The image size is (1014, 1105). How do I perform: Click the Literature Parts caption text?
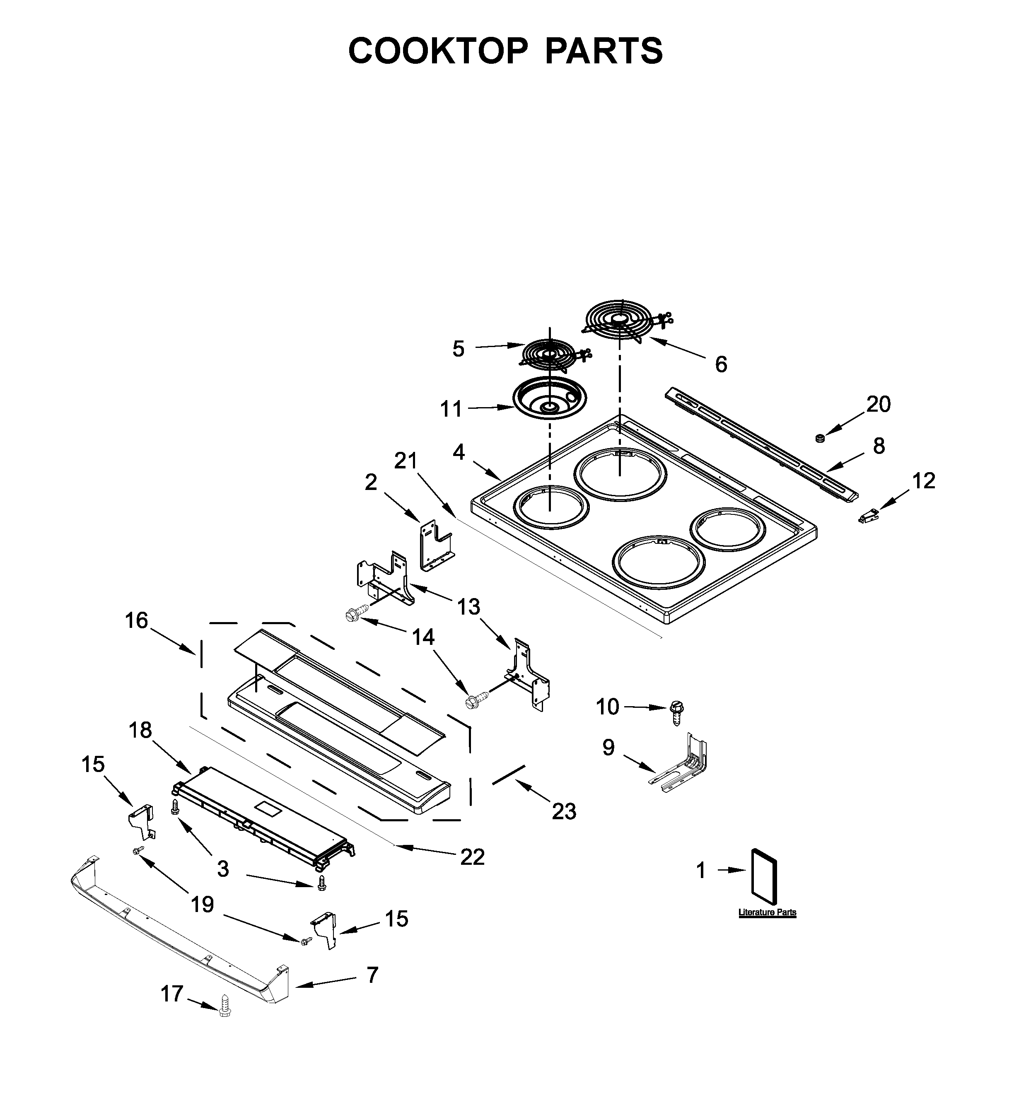(x=767, y=912)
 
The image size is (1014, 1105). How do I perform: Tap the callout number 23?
(x=564, y=811)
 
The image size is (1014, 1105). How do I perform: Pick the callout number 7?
(x=372, y=975)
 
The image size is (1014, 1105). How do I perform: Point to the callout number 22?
(x=472, y=857)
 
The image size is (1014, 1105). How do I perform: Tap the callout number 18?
(x=140, y=730)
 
